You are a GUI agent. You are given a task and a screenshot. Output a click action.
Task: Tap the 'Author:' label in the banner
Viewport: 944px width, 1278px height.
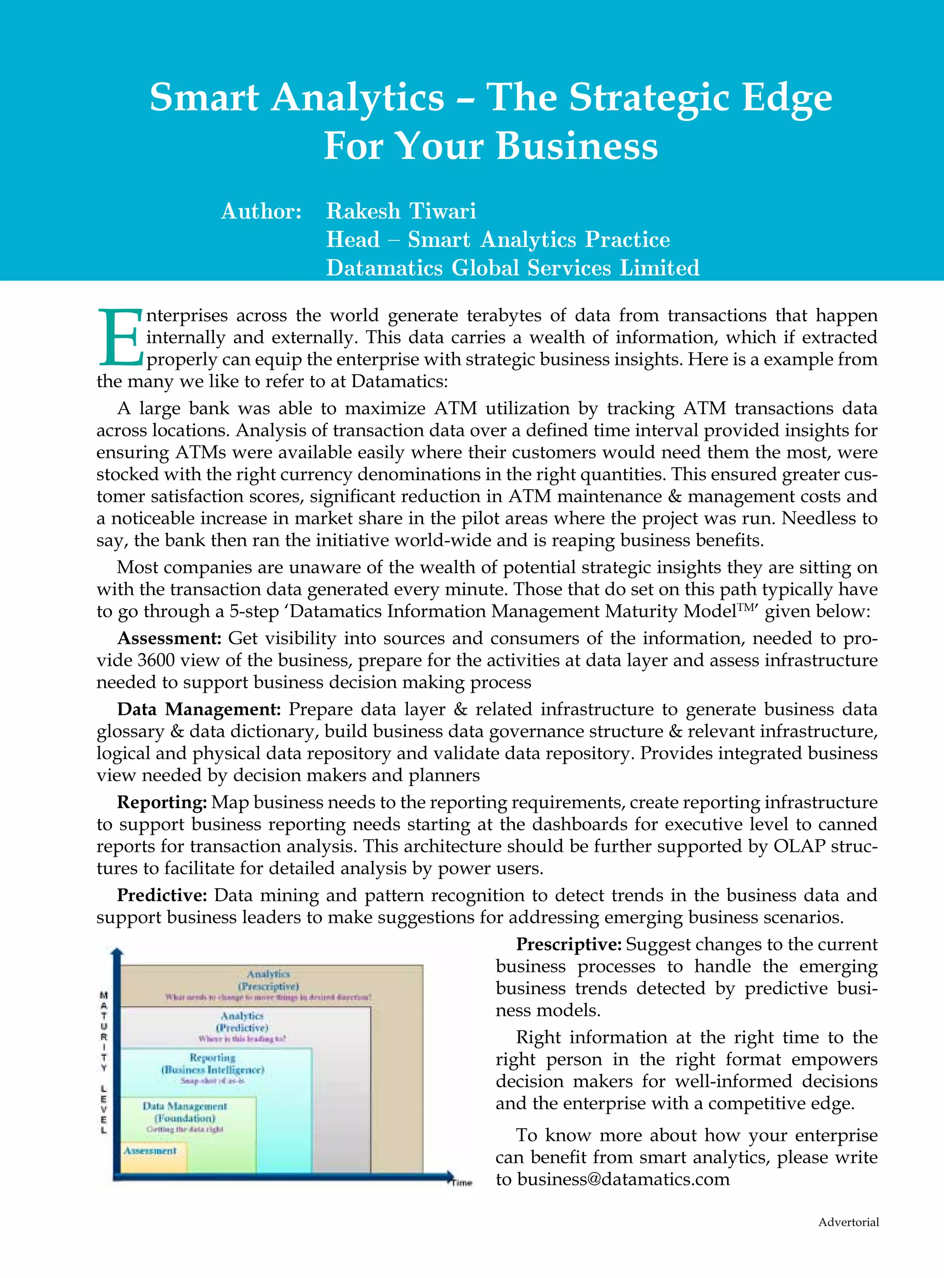(x=261, y=211)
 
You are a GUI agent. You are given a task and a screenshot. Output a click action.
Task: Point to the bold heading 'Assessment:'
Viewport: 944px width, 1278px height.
(x=169, y=638)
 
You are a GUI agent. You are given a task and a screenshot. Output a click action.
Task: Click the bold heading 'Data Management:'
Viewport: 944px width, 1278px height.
(x=199, y=709)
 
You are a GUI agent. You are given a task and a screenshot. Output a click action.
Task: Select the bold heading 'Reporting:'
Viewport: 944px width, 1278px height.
(x=162, y=802)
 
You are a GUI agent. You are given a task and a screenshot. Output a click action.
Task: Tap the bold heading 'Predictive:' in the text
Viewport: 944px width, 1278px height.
(x=162, y=895)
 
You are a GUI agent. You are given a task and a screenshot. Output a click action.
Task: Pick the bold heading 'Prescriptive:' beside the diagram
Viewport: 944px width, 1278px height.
(x=569, y=944)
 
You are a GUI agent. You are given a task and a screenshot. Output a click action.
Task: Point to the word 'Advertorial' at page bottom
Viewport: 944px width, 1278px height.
(x=848, y=1222)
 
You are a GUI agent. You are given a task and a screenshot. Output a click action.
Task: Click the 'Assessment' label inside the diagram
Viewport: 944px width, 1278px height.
(x=150, y=1151)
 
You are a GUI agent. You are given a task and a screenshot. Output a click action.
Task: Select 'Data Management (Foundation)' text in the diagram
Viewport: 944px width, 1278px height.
(x=184, y=1112)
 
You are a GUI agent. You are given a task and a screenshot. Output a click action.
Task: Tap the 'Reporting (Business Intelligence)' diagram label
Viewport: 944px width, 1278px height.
(x=212, y=1064)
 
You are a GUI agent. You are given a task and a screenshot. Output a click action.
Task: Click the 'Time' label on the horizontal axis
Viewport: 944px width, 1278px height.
(x=462, y=1183)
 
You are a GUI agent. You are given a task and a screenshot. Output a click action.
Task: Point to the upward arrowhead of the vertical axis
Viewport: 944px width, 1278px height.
(x=117, y=951)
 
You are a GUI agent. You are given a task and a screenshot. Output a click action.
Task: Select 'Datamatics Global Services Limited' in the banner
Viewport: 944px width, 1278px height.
(x=513, y=268)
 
